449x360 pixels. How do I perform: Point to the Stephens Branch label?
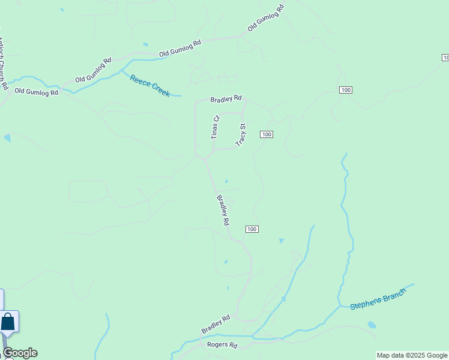pos(378,298)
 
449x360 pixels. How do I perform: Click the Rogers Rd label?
pos(222,346)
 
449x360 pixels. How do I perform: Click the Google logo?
pos(20,353)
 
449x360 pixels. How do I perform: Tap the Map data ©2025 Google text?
pos(412,355)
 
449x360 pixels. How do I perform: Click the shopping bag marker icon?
pos(8,322)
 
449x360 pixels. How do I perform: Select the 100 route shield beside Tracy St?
pos(267,134)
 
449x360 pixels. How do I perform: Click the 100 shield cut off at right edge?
pos(445,57)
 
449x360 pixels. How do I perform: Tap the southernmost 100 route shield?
pos(252,229)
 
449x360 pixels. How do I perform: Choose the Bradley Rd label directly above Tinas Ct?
pos(226,98)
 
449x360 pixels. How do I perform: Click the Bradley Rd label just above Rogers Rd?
pos(216,325)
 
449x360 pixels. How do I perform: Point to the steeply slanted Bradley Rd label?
pos(223,210)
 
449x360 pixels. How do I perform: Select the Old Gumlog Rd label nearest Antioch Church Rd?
pos(37,92)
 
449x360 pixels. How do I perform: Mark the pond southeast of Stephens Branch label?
pos(372,325)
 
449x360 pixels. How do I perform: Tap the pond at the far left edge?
pos(7,138)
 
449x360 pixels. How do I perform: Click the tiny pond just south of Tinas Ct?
pos(226,181)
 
